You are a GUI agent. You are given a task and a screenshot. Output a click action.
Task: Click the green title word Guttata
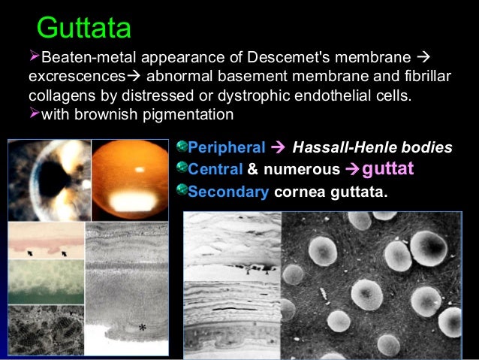pos(83,28)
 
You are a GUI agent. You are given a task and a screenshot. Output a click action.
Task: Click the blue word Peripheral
pos(227,148)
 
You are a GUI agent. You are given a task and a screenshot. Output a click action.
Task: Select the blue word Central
pos(216,169)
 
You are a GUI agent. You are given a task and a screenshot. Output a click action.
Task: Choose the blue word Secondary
pos(228,191)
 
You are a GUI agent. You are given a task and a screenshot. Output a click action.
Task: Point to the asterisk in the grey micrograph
pos(142,328)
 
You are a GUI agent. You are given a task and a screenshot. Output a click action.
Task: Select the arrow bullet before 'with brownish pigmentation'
pos(34,114)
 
